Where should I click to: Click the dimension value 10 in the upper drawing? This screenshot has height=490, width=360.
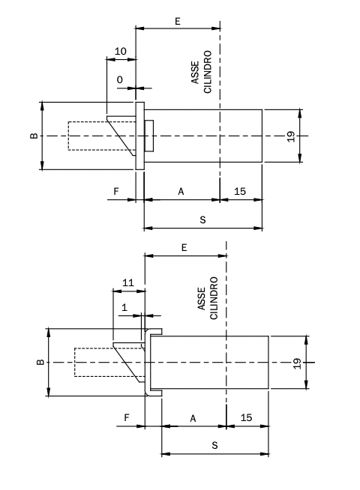pyautogui.click(x=121, y=51)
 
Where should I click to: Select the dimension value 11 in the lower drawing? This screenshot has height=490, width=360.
pyautogui.click(x=128, y=282)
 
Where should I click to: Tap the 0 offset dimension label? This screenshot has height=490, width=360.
pyautogui.click(x=120, y=80)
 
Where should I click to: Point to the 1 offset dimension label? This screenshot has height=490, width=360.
pyautogui.click(x=124, y=307)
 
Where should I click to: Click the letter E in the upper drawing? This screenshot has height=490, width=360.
pyautogui.click(x=178, y=21)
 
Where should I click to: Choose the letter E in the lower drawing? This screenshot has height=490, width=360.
pyautogui.click(x=184, y=248)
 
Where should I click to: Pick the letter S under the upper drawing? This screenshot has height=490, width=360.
pyautogui.click(x=203, y=220)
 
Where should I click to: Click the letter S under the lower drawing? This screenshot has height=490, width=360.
pyautogui.click(x=214, y=445)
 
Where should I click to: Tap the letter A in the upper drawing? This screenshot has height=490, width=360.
pyautogui.click(x=181, y=192)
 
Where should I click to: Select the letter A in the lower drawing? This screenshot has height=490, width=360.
pyautogui.click(x=193, y=418)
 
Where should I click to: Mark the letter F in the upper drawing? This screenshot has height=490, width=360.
pyautogui.click(x=116, y=191)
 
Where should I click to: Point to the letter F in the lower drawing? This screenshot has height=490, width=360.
pyautogui.click(x=127, y=417)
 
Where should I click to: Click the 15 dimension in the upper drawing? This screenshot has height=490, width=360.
pyautogui.click(x=240, y=191)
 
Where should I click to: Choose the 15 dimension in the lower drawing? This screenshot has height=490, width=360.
pyautogui.click(x=246, y=417)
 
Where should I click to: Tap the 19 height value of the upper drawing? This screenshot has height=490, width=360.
pyautogui.click(x=291, y=136)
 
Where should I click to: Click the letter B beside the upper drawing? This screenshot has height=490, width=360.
pyautogui.click(x=34, y=136)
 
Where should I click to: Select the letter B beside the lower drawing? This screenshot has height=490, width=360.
pyautogui.click(x=40, y=362)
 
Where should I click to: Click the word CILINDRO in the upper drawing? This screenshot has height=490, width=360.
pyautogui.click(x=208, y=72)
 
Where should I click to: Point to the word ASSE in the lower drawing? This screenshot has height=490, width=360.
pyautogui.click(x=202, y=299)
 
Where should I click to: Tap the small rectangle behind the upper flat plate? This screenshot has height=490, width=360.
pyautogui.click(x=149, y=136)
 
